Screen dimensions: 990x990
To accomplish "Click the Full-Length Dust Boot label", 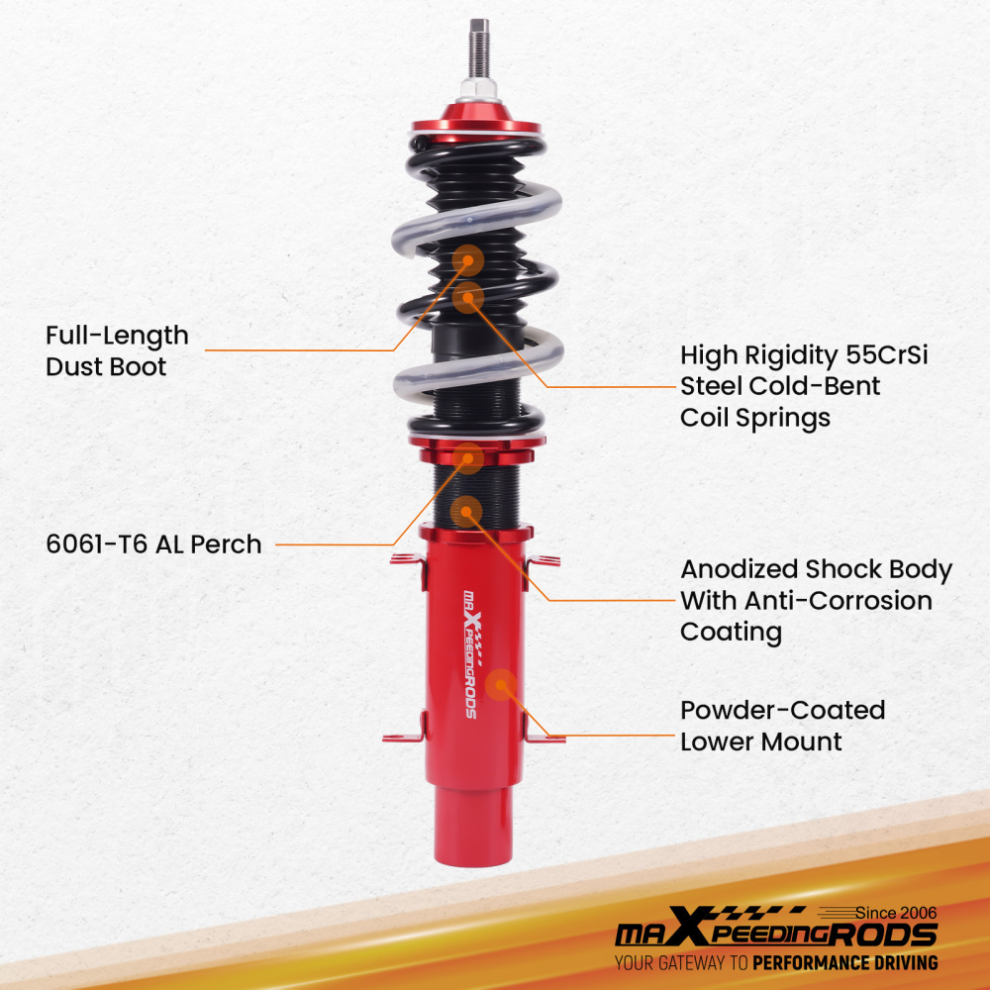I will click(x=117, y=350).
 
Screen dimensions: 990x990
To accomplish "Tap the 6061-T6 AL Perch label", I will click(x=153, y=544).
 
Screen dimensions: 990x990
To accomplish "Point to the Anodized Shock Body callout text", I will click(x=816, y=600).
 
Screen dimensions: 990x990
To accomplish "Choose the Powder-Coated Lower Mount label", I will click(x=782, y=725).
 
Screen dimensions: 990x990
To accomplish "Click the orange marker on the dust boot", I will click(x=468, y=260).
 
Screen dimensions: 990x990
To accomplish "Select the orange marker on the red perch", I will click(x=468, y=457).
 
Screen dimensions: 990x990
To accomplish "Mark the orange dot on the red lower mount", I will click(x=503, y=684).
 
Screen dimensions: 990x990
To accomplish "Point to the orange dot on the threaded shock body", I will click(x=466, y=511).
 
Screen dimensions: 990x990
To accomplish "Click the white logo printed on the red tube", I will click(x=469, y=654).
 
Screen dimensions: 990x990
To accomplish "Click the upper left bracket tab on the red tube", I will click(x=407, y=560).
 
